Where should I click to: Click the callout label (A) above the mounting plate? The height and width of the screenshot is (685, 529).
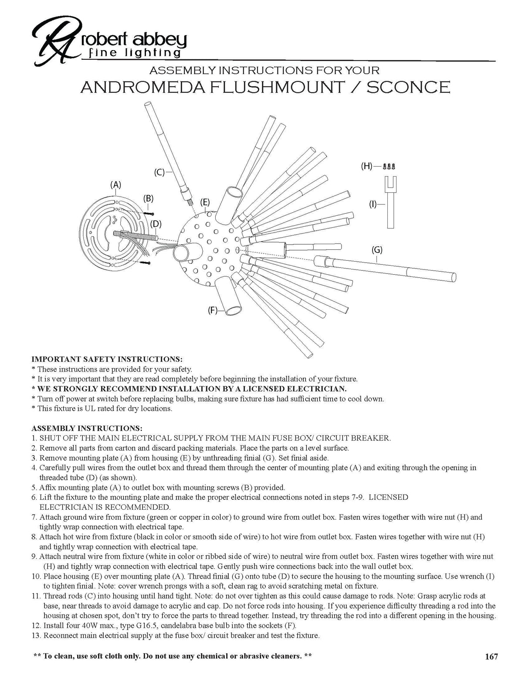click(115, 185)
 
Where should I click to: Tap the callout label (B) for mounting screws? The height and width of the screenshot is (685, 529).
click(149, 198)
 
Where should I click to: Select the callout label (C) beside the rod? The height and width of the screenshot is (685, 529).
click(159, 173)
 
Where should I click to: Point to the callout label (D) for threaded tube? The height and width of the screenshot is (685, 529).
click(156, 224)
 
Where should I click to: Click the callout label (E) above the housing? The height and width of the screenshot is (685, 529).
click(205, 202)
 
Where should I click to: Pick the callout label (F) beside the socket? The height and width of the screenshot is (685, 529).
click(213, 310)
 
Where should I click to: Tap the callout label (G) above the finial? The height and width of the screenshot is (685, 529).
click(377, 250)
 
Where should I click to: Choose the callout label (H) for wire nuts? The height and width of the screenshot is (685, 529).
click(367, 166)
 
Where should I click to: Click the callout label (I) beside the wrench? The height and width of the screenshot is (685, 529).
click(373, 204)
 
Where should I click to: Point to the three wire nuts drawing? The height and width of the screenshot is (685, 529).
click(390, 166)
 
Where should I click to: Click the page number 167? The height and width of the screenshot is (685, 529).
click(491, 657)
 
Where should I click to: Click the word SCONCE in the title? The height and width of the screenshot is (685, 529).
click(408, 87)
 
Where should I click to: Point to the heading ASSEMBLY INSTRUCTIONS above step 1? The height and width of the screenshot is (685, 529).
click(87, 428)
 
